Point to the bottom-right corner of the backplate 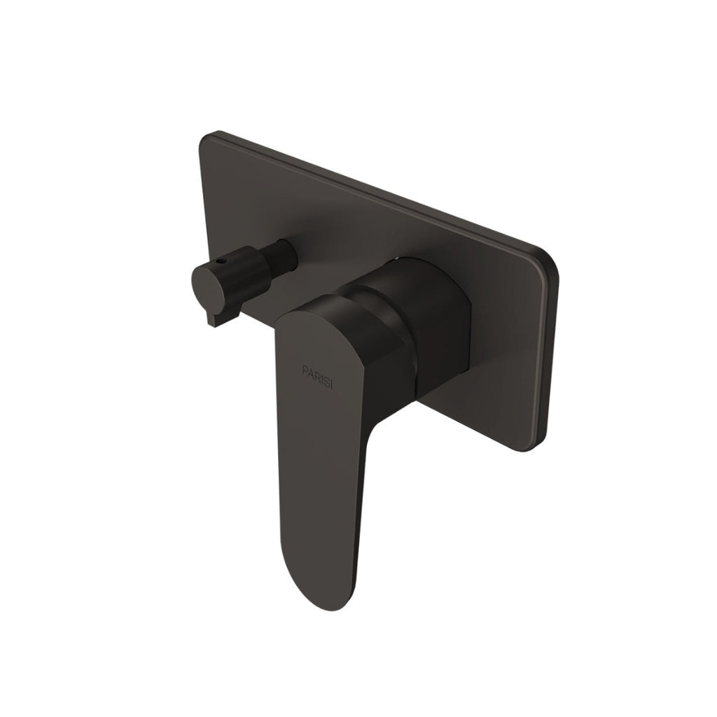tap(543, 447)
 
